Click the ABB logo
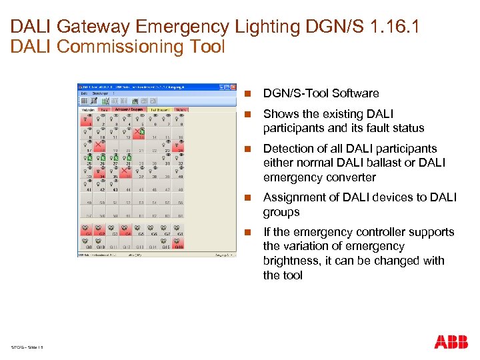tap(451, 342)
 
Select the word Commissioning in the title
tap(115, 47)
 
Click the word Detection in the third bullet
tap(288, 149)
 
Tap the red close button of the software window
tap(233, 87)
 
